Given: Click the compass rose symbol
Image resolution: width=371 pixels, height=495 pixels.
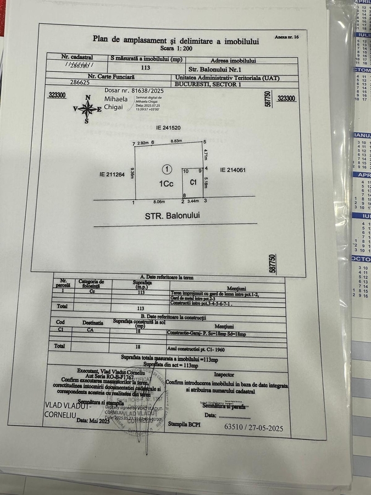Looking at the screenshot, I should coord(87,108).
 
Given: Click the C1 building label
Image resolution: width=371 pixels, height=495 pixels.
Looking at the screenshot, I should coord(193,182).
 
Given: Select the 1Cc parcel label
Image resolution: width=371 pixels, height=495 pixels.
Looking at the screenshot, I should coord(167,184).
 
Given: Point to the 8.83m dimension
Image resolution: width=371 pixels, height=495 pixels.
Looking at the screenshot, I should coord(176,142).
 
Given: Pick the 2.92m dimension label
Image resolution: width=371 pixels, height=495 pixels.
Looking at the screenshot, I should coord(144,142).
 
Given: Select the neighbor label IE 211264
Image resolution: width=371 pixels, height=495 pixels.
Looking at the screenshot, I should coord(112,174).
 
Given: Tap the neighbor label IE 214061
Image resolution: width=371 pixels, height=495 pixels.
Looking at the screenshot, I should coord(232,170).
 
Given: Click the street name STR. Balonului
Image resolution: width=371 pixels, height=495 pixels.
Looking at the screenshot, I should coord(173,216).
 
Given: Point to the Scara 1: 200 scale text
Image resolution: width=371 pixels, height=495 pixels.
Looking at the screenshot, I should coord(170,48).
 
